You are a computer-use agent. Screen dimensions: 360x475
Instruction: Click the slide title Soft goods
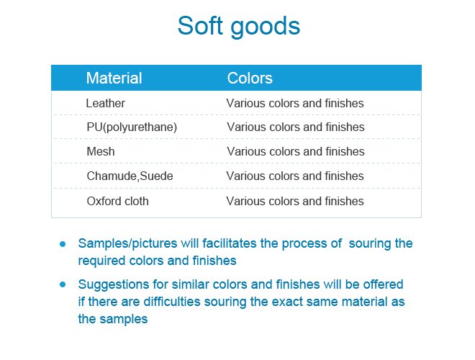[x=238, y=27]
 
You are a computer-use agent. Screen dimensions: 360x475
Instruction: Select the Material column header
[x=114, y=78]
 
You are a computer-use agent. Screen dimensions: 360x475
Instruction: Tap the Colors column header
[x=250, y=78]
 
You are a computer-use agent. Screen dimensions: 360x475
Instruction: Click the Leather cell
[x=105, y=103]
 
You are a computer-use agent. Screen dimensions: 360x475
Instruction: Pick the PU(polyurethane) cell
[x=132, y=127]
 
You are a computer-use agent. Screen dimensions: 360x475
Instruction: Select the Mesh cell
[x=100, y=152]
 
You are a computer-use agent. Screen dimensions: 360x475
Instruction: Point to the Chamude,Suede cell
[x=130, y=176]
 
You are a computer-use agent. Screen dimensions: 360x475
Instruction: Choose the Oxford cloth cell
[x=117, y=201]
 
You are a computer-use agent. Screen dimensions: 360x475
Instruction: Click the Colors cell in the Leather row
[x=295, y=103]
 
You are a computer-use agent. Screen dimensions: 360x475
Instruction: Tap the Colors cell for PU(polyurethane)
[x=295, y=127]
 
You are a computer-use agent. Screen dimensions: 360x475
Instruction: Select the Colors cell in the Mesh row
[x=295, y=152]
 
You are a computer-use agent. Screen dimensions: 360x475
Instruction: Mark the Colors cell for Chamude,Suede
[x=295, y=176]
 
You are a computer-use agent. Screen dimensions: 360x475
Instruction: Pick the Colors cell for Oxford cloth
[x=295, y=201]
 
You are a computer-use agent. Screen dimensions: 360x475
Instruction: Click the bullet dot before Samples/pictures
[x=63, y=244]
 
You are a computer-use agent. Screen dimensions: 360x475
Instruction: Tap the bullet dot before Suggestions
[x=63, y=284]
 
